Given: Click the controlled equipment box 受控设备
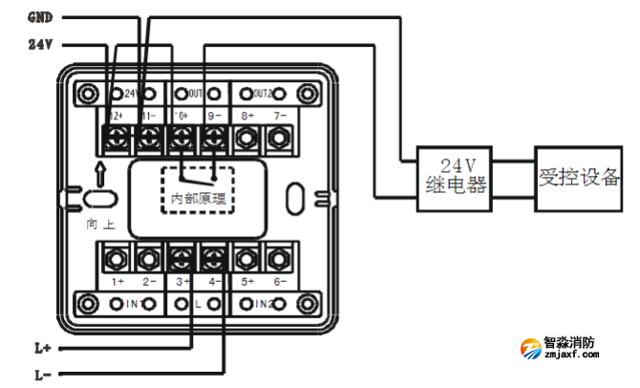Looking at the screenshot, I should [580, 176].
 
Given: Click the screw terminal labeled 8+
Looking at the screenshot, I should [246, 139].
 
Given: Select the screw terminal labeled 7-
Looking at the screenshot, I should [278, 139].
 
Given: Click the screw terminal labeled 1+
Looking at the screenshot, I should [117, 258].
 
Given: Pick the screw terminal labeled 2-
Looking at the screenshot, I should [149, 258].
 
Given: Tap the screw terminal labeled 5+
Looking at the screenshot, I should [246, 258].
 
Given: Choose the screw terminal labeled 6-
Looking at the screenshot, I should [278, 258].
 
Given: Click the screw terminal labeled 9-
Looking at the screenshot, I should [214, 139].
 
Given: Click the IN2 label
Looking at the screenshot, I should [260, 304].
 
